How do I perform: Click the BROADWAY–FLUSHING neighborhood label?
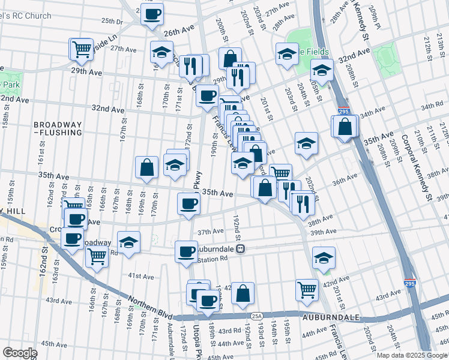58,128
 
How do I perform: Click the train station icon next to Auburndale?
240,248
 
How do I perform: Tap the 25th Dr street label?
112,20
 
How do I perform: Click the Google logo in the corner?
20,352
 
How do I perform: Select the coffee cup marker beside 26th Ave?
152,13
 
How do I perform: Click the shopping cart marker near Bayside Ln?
82,49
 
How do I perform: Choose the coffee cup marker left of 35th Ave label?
188,203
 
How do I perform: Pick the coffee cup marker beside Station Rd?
187,250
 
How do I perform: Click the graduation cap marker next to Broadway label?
128,242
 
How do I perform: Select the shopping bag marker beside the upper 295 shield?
345,127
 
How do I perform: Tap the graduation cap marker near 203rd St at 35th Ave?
306,143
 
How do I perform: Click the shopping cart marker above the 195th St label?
307,290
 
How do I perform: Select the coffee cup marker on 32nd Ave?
207,95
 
